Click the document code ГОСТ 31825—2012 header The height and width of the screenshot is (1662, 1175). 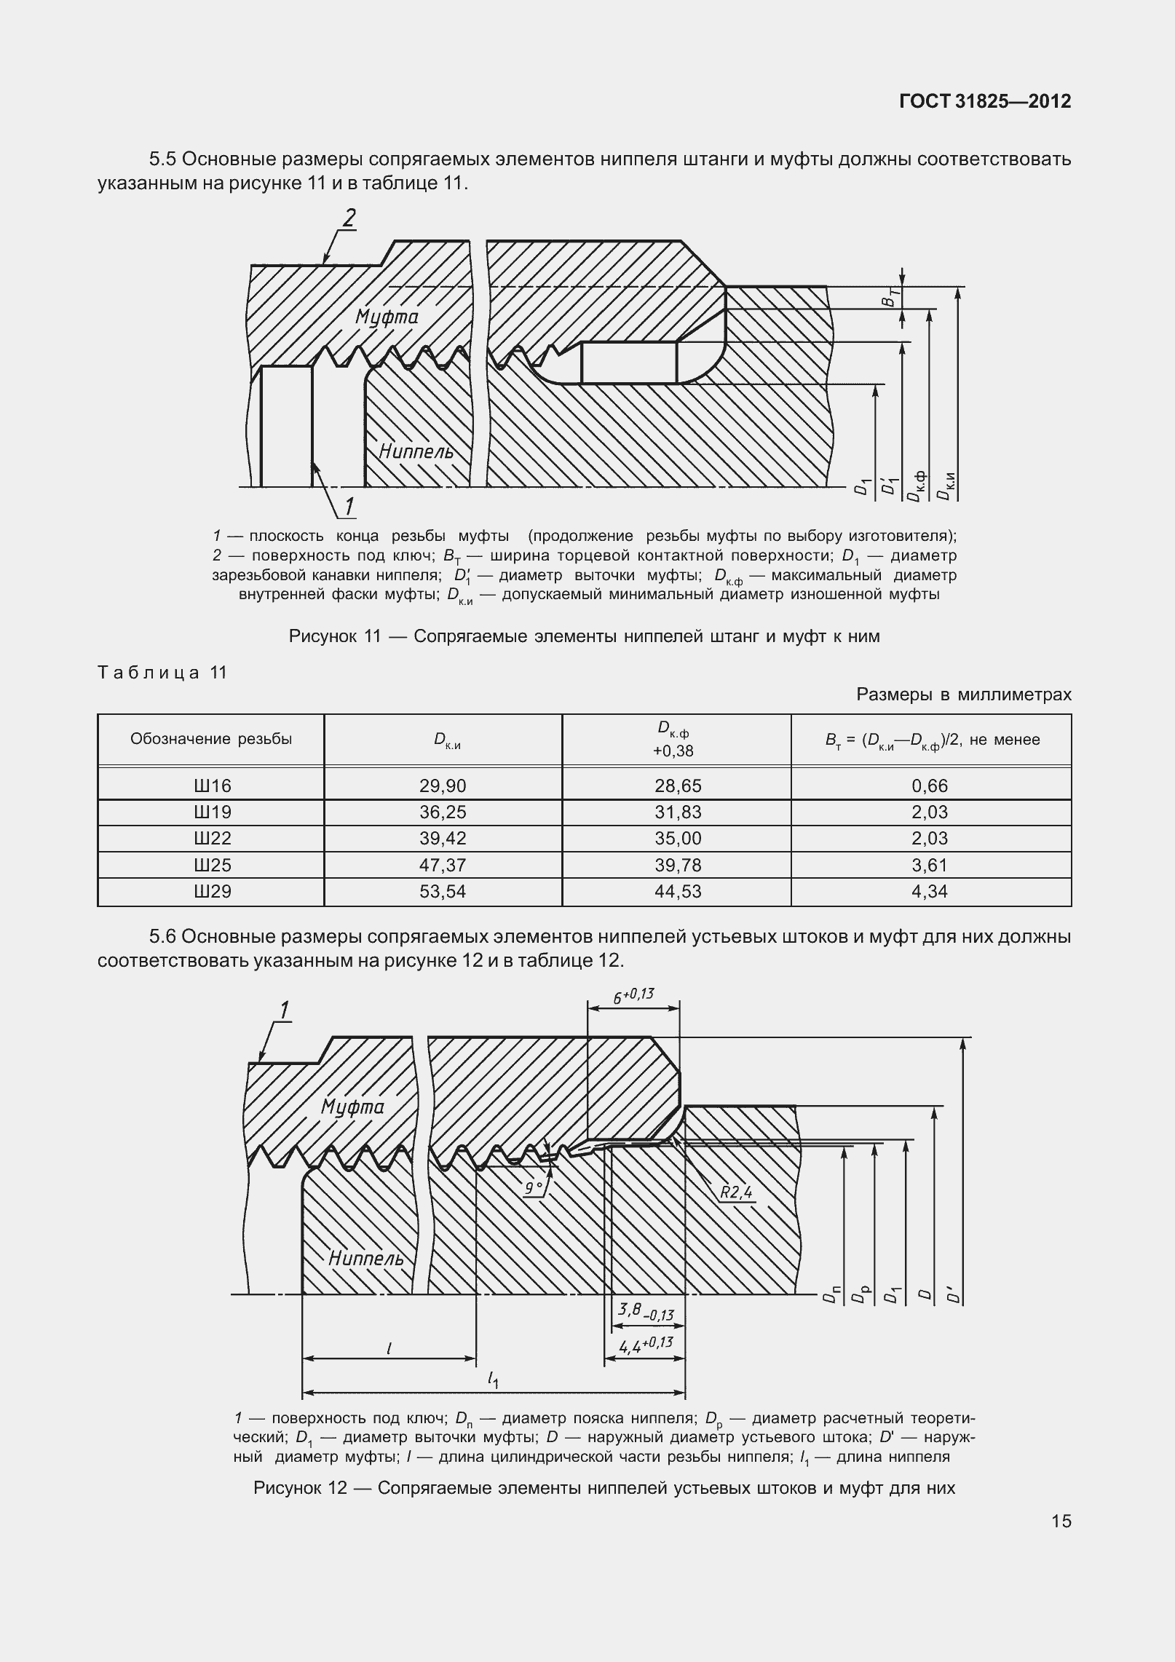(x=985, y=101)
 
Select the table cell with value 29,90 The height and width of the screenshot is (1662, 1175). (x=443, y=786)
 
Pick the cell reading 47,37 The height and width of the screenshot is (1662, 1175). (x=443, y=865)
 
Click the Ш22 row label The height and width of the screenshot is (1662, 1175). (x=213, y=838)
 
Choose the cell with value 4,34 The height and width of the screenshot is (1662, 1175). (x=930, y=891)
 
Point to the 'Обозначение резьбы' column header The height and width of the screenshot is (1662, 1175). (x=211, y=739)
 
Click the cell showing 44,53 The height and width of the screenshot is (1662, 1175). (x=678, y=891)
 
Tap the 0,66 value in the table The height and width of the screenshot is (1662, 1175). (x=930, y=786)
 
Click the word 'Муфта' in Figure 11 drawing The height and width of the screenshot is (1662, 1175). (x=387, y=317)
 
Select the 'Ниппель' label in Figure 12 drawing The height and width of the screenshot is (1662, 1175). (x=365, y=1258)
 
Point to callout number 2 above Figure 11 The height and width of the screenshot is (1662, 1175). (x=350, y=218)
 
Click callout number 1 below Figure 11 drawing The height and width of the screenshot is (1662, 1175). (x=349, y=506)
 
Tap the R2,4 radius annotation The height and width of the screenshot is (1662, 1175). (x=735, y=1192)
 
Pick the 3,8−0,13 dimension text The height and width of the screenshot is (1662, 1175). (x=645, y=1312)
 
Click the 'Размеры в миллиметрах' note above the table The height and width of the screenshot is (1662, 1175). (x=964, y=695)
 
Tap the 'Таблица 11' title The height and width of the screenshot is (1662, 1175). (x=163, y=673)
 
